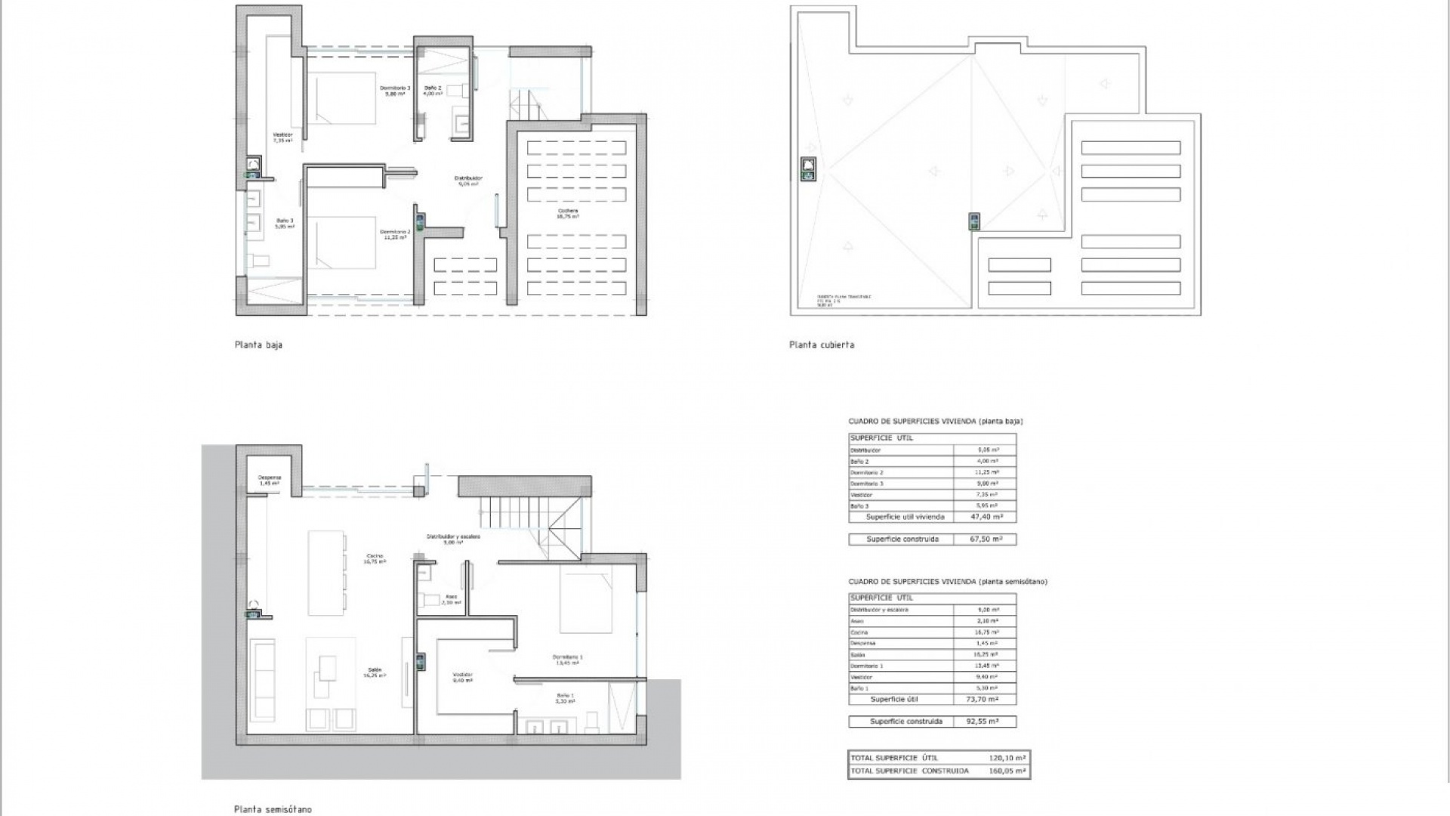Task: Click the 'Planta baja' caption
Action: coord(258,345)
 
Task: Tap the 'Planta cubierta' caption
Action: coord(822,345)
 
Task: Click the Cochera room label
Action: coord(568,212)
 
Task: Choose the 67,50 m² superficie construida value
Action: coord(986,539)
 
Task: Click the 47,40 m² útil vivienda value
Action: coord(986,518)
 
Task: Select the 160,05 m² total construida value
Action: coord(1007,771)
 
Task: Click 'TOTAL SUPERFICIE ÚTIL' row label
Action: coord(895,758)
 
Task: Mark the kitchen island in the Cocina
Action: coord(326,573)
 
